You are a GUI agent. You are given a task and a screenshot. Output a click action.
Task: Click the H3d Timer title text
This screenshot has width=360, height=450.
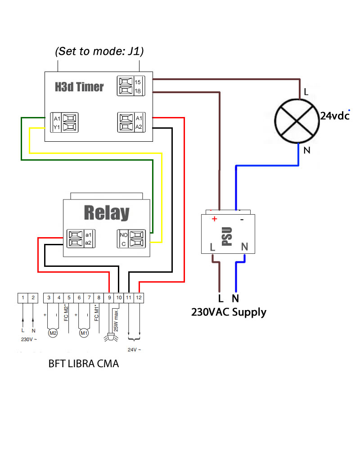point(79,87)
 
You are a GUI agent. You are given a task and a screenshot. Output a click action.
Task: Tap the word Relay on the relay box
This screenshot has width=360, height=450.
point(106,213)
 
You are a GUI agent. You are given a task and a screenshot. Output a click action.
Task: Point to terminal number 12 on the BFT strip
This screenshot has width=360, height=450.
point(139,297)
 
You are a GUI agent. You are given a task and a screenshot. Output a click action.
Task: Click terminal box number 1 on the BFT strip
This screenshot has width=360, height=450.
point(22,297)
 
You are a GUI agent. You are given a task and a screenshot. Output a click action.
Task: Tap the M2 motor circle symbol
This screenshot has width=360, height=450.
point(53,333)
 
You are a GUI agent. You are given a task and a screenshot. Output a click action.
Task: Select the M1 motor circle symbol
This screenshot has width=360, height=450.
point(83,333)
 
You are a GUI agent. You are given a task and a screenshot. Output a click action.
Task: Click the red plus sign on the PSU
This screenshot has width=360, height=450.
point(214,219)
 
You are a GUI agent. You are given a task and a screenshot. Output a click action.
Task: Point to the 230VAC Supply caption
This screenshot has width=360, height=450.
point(229,312)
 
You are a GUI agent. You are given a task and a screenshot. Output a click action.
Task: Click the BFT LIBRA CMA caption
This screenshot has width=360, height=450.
point(84,364)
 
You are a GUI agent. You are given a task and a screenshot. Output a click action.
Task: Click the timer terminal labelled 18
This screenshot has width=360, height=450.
point(138,91)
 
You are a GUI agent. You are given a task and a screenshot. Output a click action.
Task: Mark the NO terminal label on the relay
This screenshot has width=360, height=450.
point(123,234)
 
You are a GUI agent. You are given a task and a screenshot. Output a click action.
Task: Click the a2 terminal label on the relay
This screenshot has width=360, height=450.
point(88,243)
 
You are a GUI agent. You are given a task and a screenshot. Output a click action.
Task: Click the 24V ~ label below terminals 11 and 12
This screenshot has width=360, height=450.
point(134,350)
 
